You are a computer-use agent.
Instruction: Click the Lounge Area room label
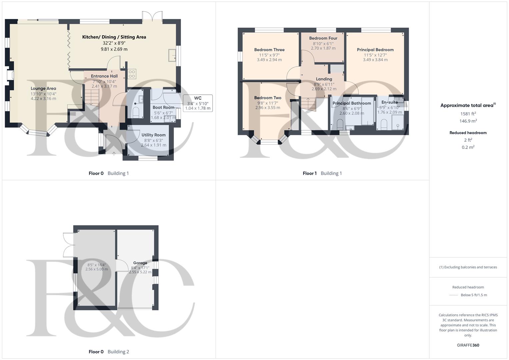point(43,88)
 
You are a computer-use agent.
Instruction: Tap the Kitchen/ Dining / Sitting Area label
point(114,37)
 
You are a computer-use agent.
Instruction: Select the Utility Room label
point(153,135)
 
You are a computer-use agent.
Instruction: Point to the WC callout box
point(198,103)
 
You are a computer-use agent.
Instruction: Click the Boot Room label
point(163,107)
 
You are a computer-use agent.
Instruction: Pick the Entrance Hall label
point(104,76)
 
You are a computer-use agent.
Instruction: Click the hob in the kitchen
point(132,74)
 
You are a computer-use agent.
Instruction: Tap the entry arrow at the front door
point(114,153)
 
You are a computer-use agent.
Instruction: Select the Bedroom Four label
point(323,38)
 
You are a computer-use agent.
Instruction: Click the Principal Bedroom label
point(375,50)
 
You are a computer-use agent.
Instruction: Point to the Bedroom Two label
point(268,98)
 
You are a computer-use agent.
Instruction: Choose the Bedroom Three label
point(269,50)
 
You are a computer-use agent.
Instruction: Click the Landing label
point(324,79)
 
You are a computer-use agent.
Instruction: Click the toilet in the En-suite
point(383,125)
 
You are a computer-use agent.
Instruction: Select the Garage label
point(140,263)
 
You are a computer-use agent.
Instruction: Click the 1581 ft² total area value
point(468,114)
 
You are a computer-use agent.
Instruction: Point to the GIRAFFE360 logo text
point(468,345)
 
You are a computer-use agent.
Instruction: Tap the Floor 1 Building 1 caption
point(322,173)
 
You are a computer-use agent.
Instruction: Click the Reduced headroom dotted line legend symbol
point(454,295)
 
